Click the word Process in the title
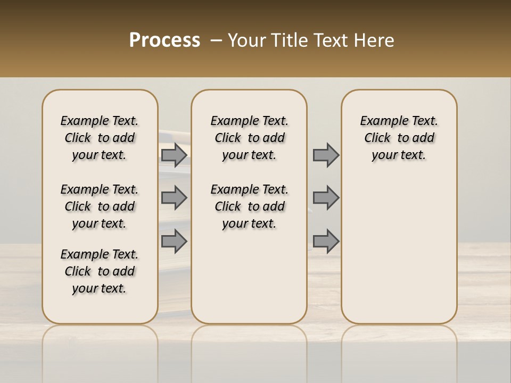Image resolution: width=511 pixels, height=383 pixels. (x=164, y=40)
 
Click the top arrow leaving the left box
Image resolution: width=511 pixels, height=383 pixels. (x=174, y=155)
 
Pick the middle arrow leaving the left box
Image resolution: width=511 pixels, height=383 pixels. (x=174, y=198)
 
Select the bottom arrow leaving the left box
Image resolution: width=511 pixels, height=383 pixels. (x=174, y=241)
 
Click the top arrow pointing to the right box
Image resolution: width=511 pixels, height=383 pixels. (x=326, y=155)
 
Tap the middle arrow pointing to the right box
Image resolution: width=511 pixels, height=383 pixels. (x=326, y=198)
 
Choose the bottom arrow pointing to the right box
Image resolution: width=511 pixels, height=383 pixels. (x=326, y=241)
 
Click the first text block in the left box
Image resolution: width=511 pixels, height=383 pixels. (x=100, y=138)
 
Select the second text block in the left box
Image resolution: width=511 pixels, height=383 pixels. (x=100, y=206)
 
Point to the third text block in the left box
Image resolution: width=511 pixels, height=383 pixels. (x=100, y=271)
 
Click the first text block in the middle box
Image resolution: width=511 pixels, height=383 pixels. (x=249, y=138)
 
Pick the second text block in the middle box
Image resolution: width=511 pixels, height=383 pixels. (x=249, y=206)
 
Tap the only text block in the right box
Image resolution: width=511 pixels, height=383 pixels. (x=399, y=138)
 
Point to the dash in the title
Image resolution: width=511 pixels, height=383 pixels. (x=216, y=40)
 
